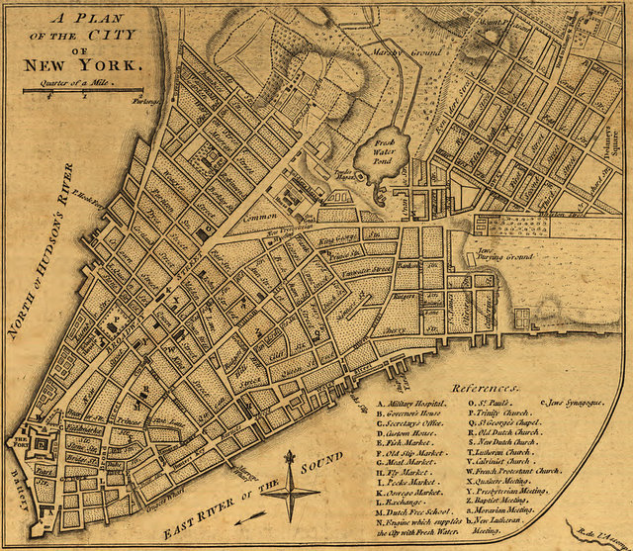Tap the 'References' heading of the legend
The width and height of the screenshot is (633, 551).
[486, 390]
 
